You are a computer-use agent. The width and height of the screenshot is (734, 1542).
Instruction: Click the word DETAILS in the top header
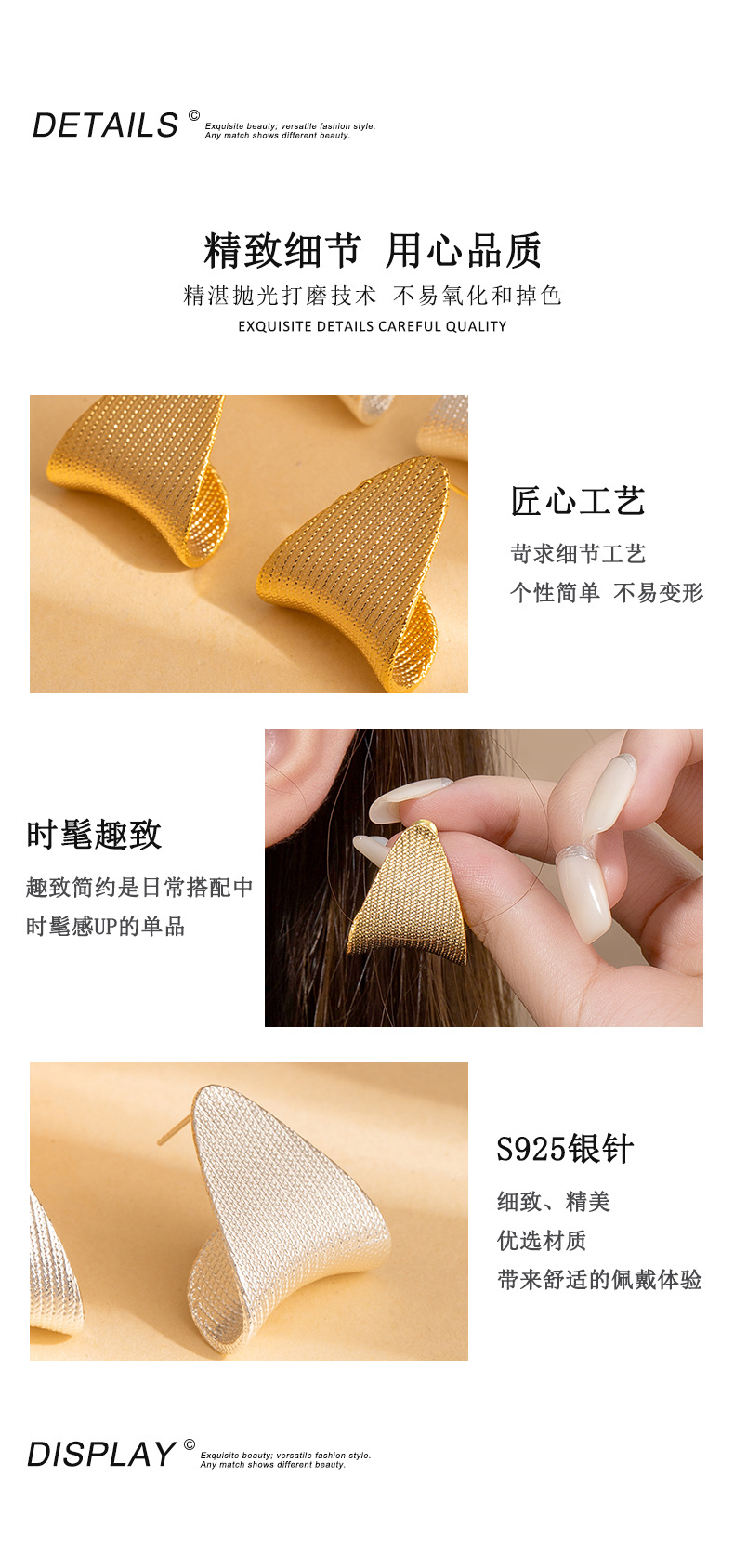click(105, 125)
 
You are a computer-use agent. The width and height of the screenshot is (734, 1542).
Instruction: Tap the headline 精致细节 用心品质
click(372, 251)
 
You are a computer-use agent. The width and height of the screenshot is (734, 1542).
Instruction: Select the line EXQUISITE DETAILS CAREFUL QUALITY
click(372, 326)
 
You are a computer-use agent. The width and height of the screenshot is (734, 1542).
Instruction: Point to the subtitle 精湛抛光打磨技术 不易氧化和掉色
click(372, 296)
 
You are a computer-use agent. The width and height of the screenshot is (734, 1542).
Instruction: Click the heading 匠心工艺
click(577, 502)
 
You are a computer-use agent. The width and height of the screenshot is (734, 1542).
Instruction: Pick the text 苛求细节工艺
click(577, 554)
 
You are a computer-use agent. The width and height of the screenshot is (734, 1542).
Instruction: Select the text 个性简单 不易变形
click(606, 593)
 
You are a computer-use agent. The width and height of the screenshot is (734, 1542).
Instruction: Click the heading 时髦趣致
click(94, 835)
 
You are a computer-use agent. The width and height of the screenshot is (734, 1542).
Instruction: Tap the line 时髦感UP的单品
click(105, 927)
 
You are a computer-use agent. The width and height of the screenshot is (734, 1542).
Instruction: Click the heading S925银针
click(564, 1150)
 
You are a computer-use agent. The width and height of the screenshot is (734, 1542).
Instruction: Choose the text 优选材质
click(541, 1241)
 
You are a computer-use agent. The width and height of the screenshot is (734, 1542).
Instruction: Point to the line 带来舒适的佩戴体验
click(598, 1280)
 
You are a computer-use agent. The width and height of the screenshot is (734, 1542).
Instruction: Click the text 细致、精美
click(553, 1202)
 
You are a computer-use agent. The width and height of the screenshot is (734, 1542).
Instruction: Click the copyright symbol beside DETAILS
click(194, 115)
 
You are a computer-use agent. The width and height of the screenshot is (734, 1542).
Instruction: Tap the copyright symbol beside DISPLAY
click(190, 1444)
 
